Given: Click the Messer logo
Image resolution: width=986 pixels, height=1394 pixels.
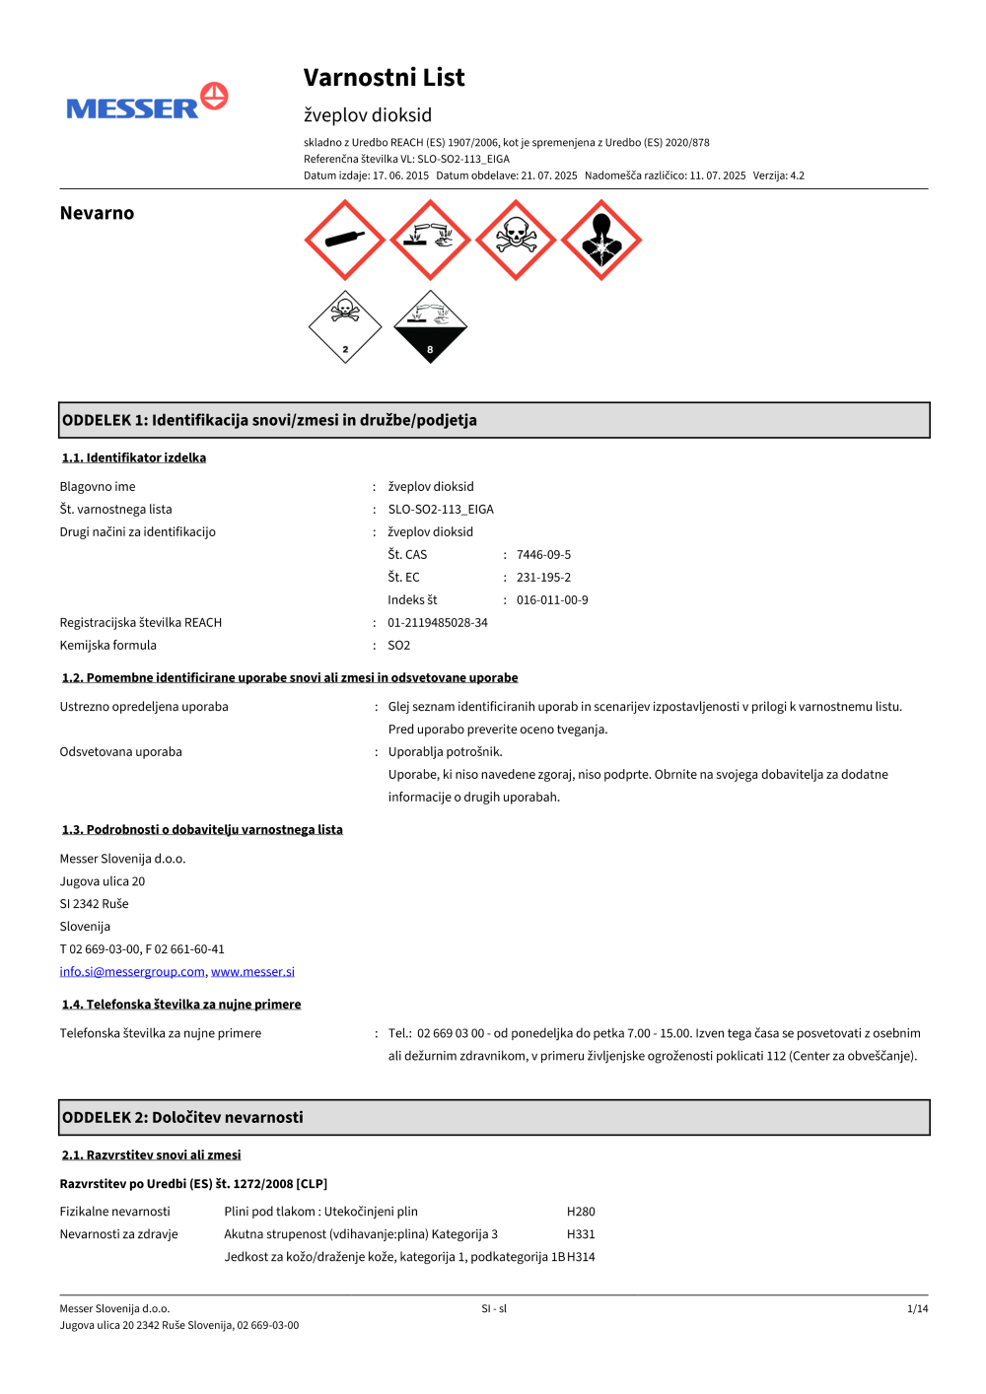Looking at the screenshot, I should point(147,102).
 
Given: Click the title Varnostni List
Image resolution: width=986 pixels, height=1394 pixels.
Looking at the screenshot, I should point(384,78).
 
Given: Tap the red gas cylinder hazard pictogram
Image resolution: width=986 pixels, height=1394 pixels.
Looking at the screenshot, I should point(344,240).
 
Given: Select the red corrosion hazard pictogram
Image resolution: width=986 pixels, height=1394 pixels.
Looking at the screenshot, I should point(430,240).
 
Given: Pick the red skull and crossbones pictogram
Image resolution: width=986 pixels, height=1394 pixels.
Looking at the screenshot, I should point(516,240).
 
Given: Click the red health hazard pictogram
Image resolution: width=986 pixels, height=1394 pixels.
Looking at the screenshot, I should point(601,240).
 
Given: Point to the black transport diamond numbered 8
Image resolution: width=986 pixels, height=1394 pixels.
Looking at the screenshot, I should point(430,327).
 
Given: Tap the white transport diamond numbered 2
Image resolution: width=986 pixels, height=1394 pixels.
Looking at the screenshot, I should point(345,327).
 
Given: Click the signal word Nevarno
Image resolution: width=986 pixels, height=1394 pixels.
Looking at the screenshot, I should point(97,213).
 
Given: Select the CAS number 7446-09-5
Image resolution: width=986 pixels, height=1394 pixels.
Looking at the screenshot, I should point(543,555).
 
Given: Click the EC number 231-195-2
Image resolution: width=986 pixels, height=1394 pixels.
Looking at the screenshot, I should point(543,578).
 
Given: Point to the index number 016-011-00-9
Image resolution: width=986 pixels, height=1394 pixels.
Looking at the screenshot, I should point(552,600).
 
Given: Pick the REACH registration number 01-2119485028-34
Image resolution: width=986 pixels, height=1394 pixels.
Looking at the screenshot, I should point(438,623).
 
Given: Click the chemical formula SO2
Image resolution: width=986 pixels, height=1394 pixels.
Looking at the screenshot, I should point(399,646).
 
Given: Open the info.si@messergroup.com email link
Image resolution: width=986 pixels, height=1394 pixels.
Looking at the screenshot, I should point(132,972).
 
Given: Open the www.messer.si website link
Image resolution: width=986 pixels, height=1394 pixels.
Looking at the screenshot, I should point(252,972).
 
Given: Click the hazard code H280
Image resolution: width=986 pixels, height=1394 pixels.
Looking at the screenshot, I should point(581,1212).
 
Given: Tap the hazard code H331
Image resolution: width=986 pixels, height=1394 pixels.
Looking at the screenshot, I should point(581,1234).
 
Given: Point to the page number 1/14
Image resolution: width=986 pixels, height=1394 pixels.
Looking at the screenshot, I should point(917,1309).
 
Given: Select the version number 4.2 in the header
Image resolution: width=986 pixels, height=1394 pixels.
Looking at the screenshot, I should point(797,175).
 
